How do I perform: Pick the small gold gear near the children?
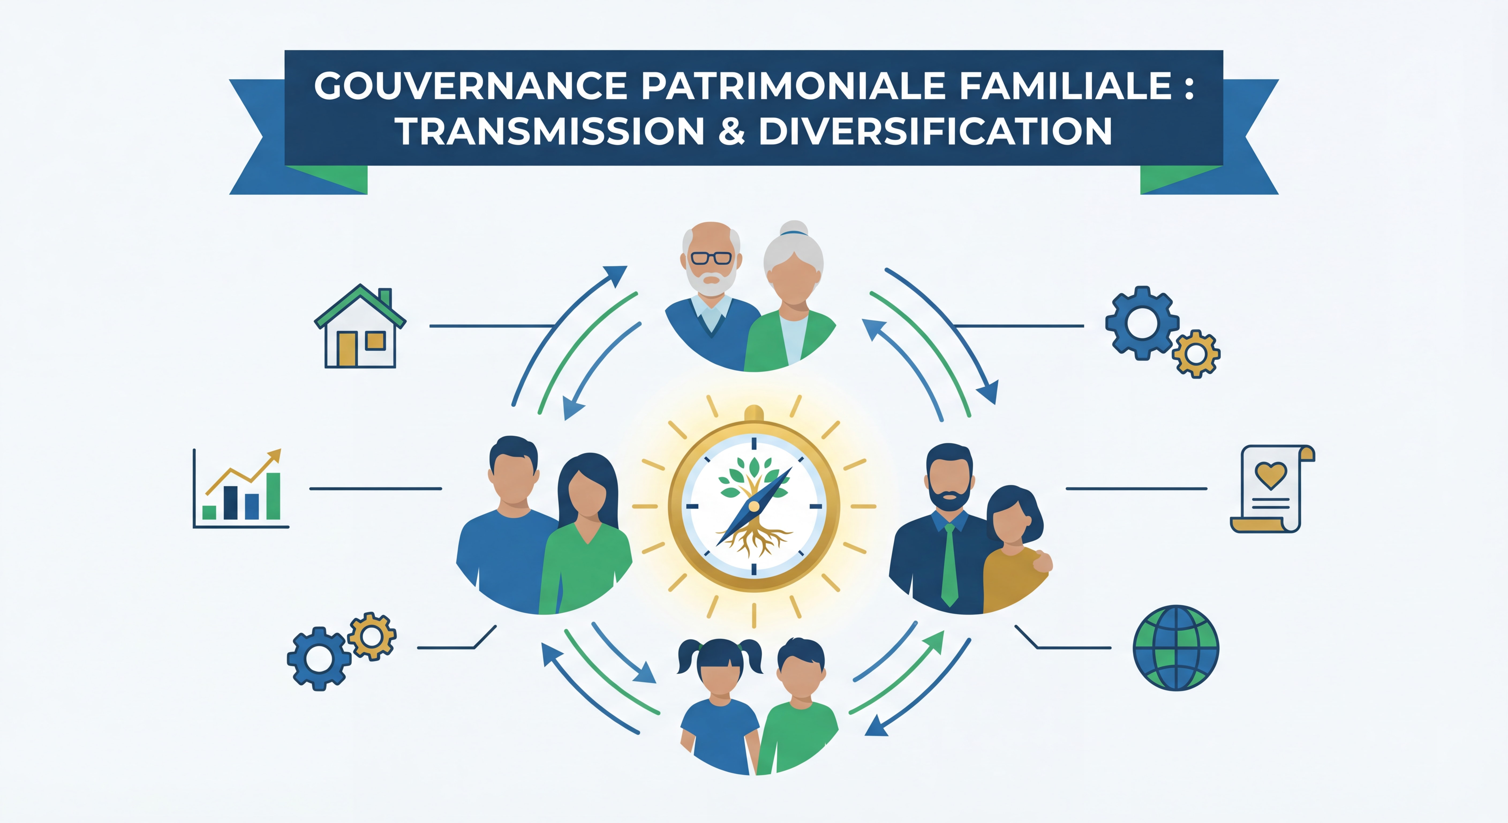[372, 635]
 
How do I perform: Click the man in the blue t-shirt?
[508, 527]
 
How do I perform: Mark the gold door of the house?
[346, 349]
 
